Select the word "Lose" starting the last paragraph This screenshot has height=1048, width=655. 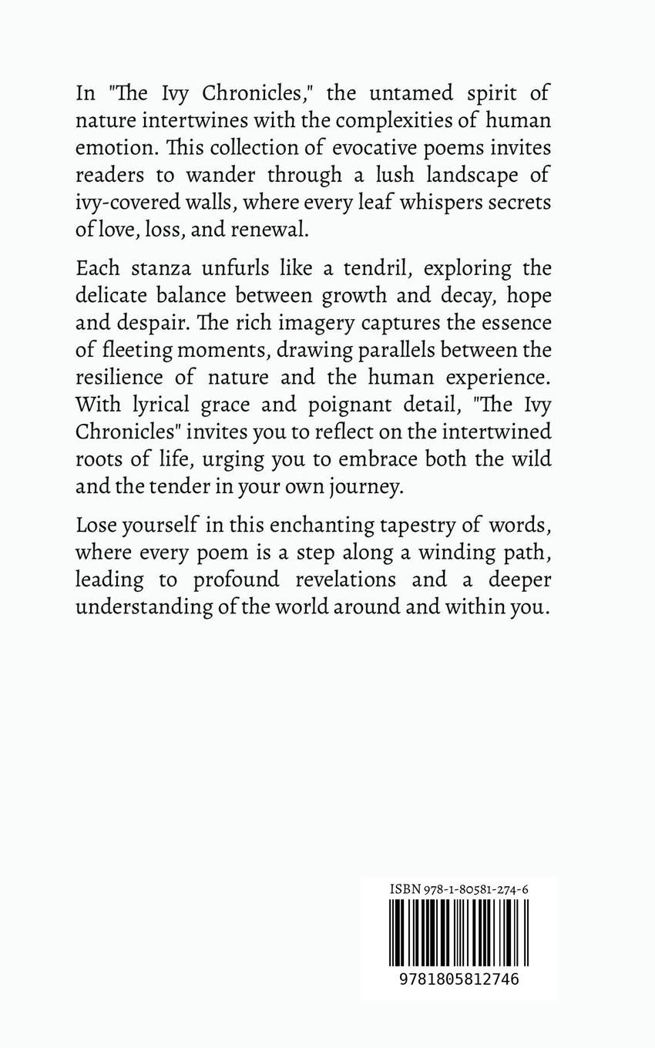(x=96, y=525)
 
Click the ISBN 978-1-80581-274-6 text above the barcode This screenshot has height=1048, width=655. (x=458, y=889)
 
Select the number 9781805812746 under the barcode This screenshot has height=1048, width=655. (x=458, y=979)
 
